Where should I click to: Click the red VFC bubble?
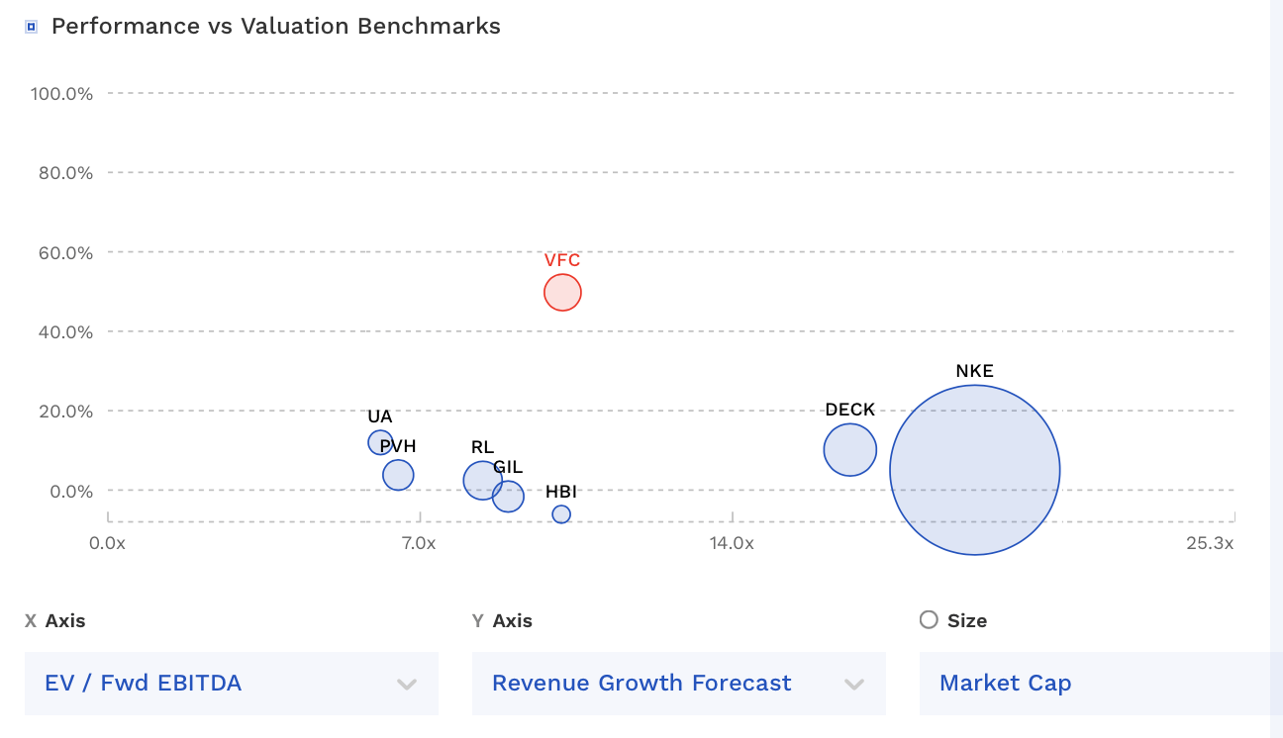(562, 292)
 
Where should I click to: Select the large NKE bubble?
(975, 470)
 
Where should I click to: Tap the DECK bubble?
(849, 449)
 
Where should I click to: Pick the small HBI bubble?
(561, 514)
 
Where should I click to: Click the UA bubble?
(380, 442)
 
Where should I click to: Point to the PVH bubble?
(398, 475)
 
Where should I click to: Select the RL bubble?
(482, 480)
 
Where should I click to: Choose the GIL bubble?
(508, 497)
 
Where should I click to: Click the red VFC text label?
(562, 260)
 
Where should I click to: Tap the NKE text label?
(974, 372)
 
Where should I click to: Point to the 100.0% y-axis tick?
(61, 94)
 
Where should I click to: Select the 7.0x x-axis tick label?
(419, 543)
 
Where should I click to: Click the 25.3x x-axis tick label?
(1210, 543)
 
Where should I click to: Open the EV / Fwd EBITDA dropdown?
(231, 683)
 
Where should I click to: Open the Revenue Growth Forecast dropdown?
(678, 683)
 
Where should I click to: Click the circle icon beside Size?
(929, 620)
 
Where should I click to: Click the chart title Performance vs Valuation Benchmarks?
(275, 27)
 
